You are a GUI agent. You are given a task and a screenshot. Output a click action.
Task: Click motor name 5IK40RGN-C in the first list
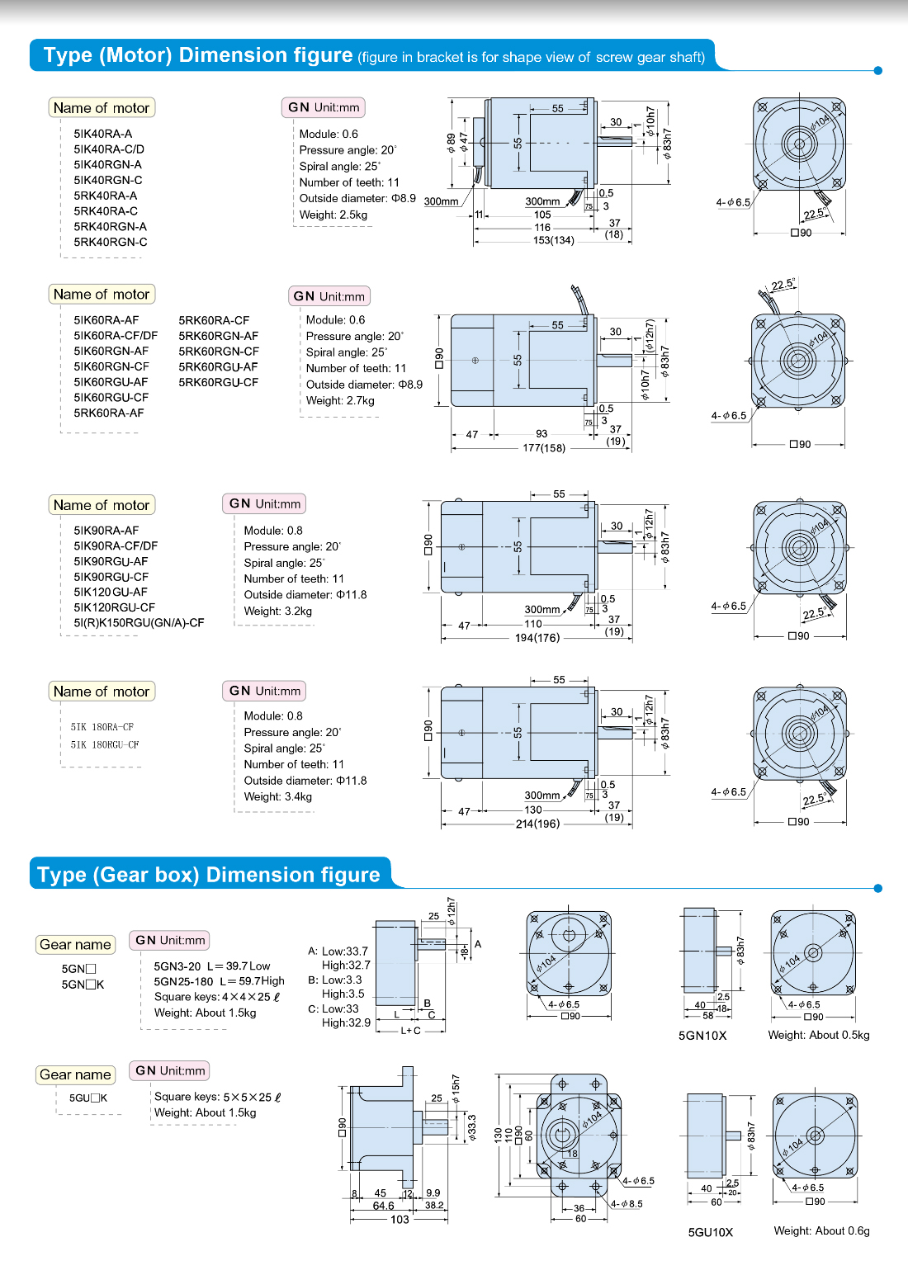pos(108,180)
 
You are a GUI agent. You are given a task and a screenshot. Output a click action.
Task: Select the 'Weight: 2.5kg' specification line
pos(333,215)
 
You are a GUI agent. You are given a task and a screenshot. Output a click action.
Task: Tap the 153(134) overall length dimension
pos(553,240)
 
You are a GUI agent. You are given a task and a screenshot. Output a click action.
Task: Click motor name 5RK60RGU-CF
pos(218,382)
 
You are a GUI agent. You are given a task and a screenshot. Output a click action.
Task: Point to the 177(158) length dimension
pos(544,448)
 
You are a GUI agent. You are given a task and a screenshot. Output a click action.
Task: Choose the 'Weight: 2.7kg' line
pos(340,400)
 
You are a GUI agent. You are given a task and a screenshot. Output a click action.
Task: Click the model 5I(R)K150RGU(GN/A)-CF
pos(139,623)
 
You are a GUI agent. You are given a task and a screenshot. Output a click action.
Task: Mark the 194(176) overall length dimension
pos(537,638)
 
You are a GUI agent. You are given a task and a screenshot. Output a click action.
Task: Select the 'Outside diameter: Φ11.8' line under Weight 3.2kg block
pos(305,595)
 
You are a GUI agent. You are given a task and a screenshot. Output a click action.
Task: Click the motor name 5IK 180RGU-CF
pos(105,744)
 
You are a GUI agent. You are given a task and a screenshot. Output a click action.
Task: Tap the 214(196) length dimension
pos(537,824)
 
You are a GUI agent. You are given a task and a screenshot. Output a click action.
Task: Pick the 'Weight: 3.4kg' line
pos(277,796)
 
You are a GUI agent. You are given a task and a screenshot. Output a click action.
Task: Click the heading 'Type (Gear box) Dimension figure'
pos(209,875)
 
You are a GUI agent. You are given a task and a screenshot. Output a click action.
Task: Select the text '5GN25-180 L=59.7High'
pos(219,981)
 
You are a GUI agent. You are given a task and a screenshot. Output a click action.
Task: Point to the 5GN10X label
pos(702,1036)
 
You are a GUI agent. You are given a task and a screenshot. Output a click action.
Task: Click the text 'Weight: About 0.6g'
pos(821,1230)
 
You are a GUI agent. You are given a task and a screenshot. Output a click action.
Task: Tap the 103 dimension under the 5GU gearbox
pos(400,1220)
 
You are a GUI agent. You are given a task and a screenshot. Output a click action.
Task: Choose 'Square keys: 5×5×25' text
pos(217,1097)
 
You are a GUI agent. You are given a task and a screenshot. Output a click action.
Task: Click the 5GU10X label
pos(710,1232)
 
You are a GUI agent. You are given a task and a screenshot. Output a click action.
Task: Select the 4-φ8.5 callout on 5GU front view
pos(627,1204)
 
